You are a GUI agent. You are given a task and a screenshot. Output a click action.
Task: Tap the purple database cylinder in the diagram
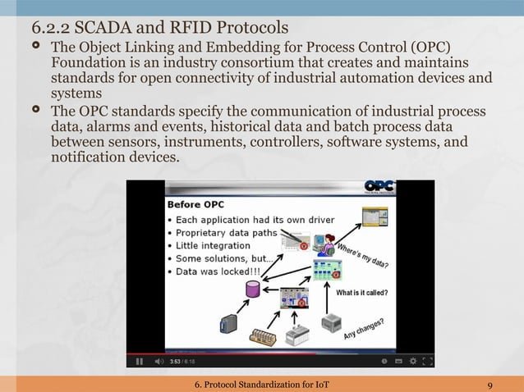pyautogui.click(x=252, y=289)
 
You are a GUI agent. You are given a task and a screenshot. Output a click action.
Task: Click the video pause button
pyautogui.click(x=139, y=361)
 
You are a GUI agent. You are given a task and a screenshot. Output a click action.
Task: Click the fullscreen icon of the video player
pyautogui.click(x=426, y=361)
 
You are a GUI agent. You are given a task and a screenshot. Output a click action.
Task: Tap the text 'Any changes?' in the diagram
pyautogui.click(x=364, y=329)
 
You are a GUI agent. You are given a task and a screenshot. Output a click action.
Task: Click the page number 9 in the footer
pyautogui.click(x=490, y=385)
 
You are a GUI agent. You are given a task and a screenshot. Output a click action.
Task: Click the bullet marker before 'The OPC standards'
pyautogui.click(x=36, y=111)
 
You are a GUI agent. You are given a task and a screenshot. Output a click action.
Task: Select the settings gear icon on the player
pyautogui.click(x=398, y=361)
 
